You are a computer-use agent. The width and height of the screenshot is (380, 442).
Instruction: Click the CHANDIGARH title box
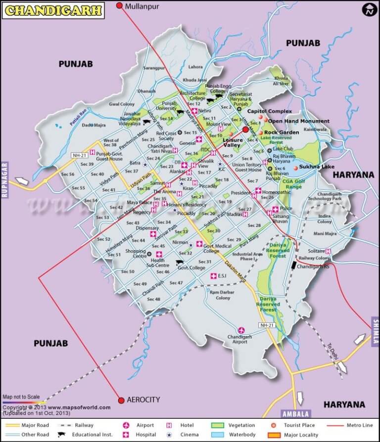pyautogui.click(x=53, y=9)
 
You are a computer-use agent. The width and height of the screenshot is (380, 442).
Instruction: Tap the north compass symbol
pyautogui.click(x=369, y=9)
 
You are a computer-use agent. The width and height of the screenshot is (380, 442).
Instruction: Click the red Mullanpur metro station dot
pyautogui.click(x=119, y=6)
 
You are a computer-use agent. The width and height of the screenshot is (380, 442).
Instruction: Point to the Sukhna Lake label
pyautogui.click(x=317, y=167)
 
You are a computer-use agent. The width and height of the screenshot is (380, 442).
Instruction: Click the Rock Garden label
pyautogui.click(x=281, y=133)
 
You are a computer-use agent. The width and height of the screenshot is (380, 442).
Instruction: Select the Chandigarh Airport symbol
pyautogui.click(x=241, y=330)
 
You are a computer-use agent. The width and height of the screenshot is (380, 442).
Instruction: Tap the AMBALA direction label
pyautogui.click(x=295, y=414)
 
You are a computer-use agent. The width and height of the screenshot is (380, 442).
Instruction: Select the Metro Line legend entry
pyautogui.click(x=346, y=425)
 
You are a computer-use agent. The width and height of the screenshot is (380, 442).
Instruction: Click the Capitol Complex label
pyautogui.click(x=269, y=111)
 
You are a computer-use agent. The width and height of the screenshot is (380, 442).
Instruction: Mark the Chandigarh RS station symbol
pyautogui.click(x=294, y=265)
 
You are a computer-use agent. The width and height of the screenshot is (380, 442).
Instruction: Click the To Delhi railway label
pyautogui.click(x=333, y=351)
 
